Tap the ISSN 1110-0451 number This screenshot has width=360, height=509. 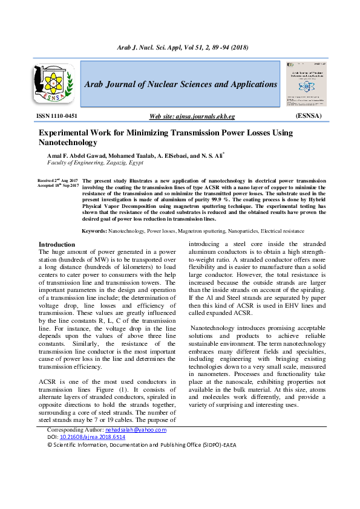(57, 115)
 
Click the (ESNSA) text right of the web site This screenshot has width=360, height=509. (308, 115)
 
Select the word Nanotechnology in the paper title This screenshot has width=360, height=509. (68, 143)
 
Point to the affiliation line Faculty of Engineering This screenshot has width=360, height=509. (95, 163)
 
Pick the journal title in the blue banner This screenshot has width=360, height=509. (180, 84)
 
